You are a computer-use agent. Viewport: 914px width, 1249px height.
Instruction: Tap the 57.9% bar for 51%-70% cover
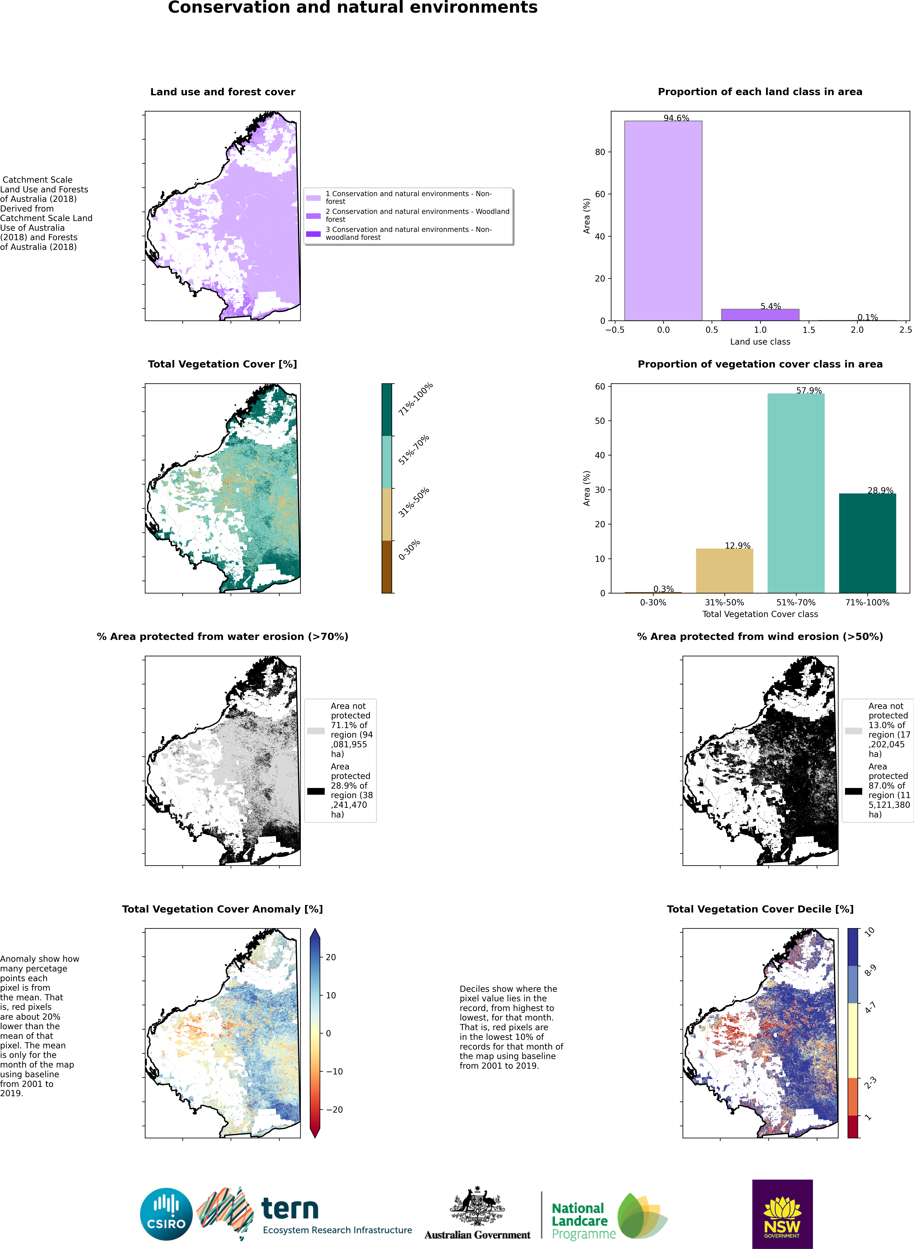tap(796, 493)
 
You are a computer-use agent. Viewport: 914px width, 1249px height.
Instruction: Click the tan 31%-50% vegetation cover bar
tap(724, 571)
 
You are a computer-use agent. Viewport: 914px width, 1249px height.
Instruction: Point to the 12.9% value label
tap(738, 546)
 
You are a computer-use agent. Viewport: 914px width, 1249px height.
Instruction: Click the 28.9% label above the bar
tap(880, 490)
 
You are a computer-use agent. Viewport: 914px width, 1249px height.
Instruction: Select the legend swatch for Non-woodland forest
tap(313, 233)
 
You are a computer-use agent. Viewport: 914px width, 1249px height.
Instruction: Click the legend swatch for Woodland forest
tap(313, 216)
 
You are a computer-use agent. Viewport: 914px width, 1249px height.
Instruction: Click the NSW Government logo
tap(782, 1214)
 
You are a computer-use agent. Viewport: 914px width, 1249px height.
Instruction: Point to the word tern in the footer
tap(290, 1208)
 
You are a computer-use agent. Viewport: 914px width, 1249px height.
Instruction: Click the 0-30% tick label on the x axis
tap(653, 602)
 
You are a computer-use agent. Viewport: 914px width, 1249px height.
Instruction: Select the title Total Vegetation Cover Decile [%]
tap(760, 909)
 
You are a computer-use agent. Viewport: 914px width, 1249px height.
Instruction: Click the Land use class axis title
tap(760, 341)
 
